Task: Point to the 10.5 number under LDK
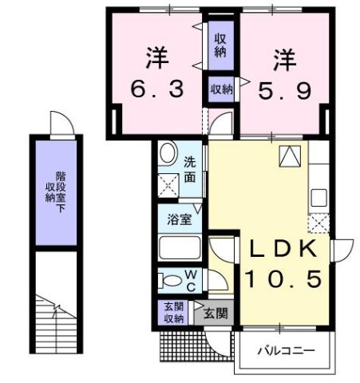[283, 278]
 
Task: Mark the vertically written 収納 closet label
[220, 45]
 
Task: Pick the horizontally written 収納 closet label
[220, 90]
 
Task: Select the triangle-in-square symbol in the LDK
[287, 157]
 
